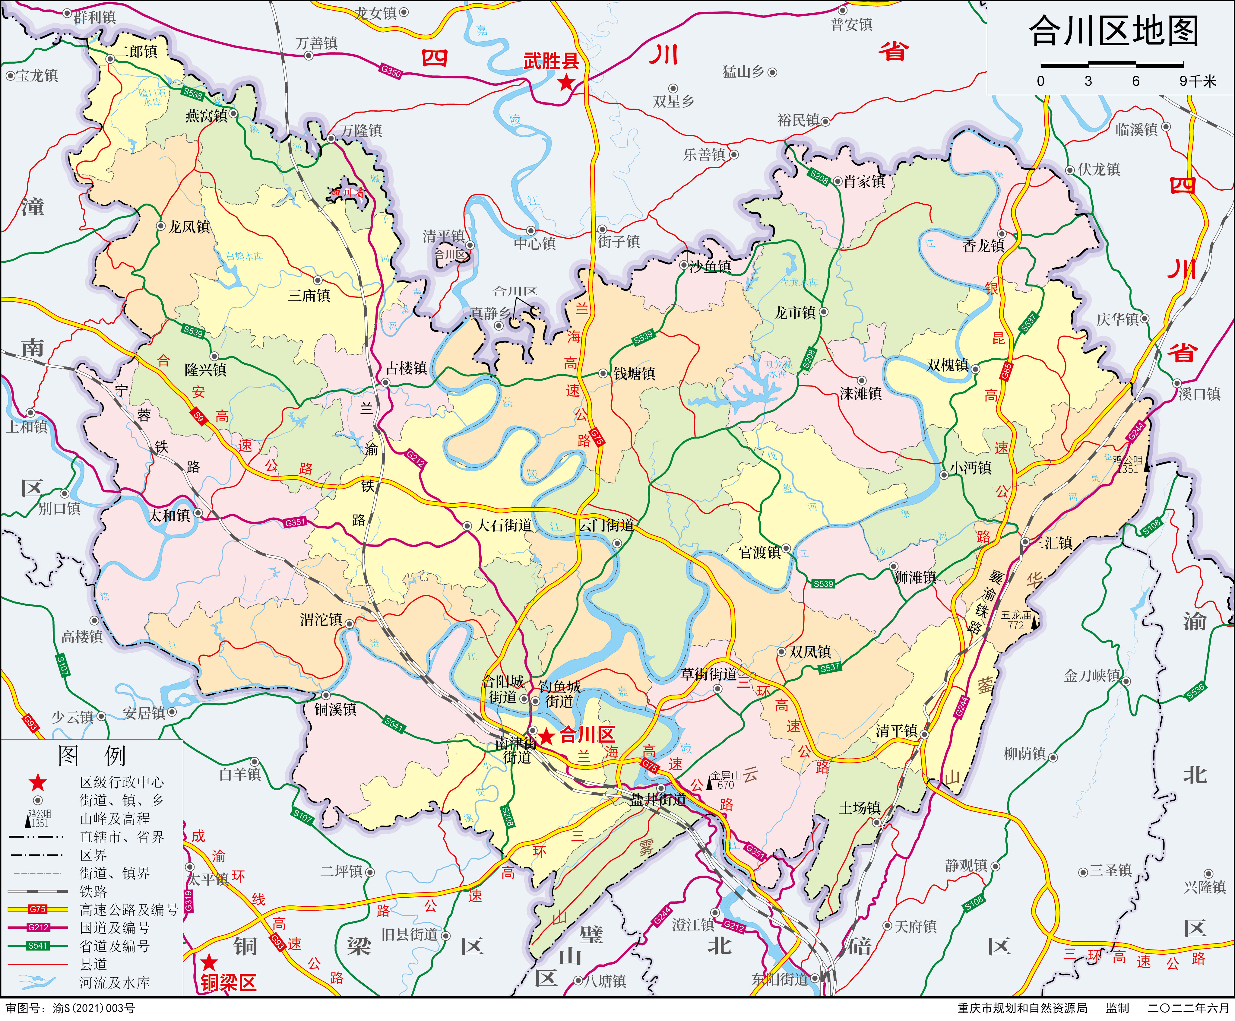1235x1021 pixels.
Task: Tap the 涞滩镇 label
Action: click(860, 393)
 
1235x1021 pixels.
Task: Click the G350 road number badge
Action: click(391, 71)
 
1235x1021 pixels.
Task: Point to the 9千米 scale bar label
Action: click(1197, 81)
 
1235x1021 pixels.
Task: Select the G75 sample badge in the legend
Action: click(38, 909)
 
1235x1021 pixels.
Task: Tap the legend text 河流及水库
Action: click(115, 982)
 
